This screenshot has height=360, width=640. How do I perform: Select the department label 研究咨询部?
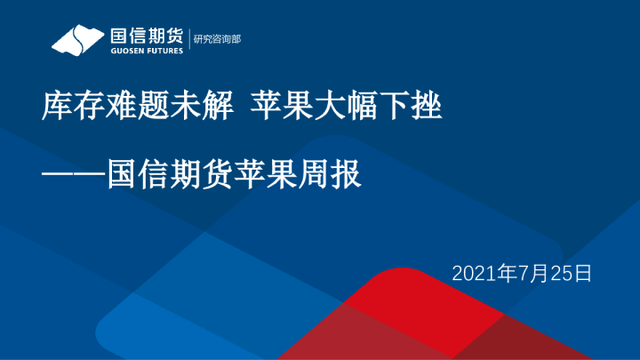[217, 40]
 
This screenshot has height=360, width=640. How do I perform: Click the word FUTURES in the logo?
[164, 51]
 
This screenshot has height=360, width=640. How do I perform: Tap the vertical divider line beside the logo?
[188, 40]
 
